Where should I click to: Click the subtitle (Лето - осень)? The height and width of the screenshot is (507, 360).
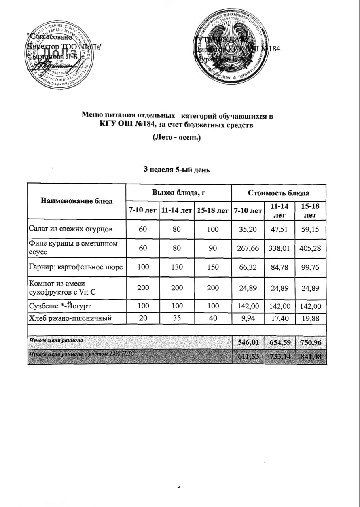(177, 138)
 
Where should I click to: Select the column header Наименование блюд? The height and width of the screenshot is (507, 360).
(76, 201)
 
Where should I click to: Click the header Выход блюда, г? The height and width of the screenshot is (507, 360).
(178, 193)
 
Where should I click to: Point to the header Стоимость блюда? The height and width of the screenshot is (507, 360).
(279, 193)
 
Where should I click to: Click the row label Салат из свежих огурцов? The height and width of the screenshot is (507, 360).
(70, 229)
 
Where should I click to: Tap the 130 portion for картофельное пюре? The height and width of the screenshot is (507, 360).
(177, 267)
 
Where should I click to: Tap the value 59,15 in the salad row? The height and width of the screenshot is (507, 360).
(311, 229)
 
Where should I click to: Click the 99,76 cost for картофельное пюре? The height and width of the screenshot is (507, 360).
(311, 267)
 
